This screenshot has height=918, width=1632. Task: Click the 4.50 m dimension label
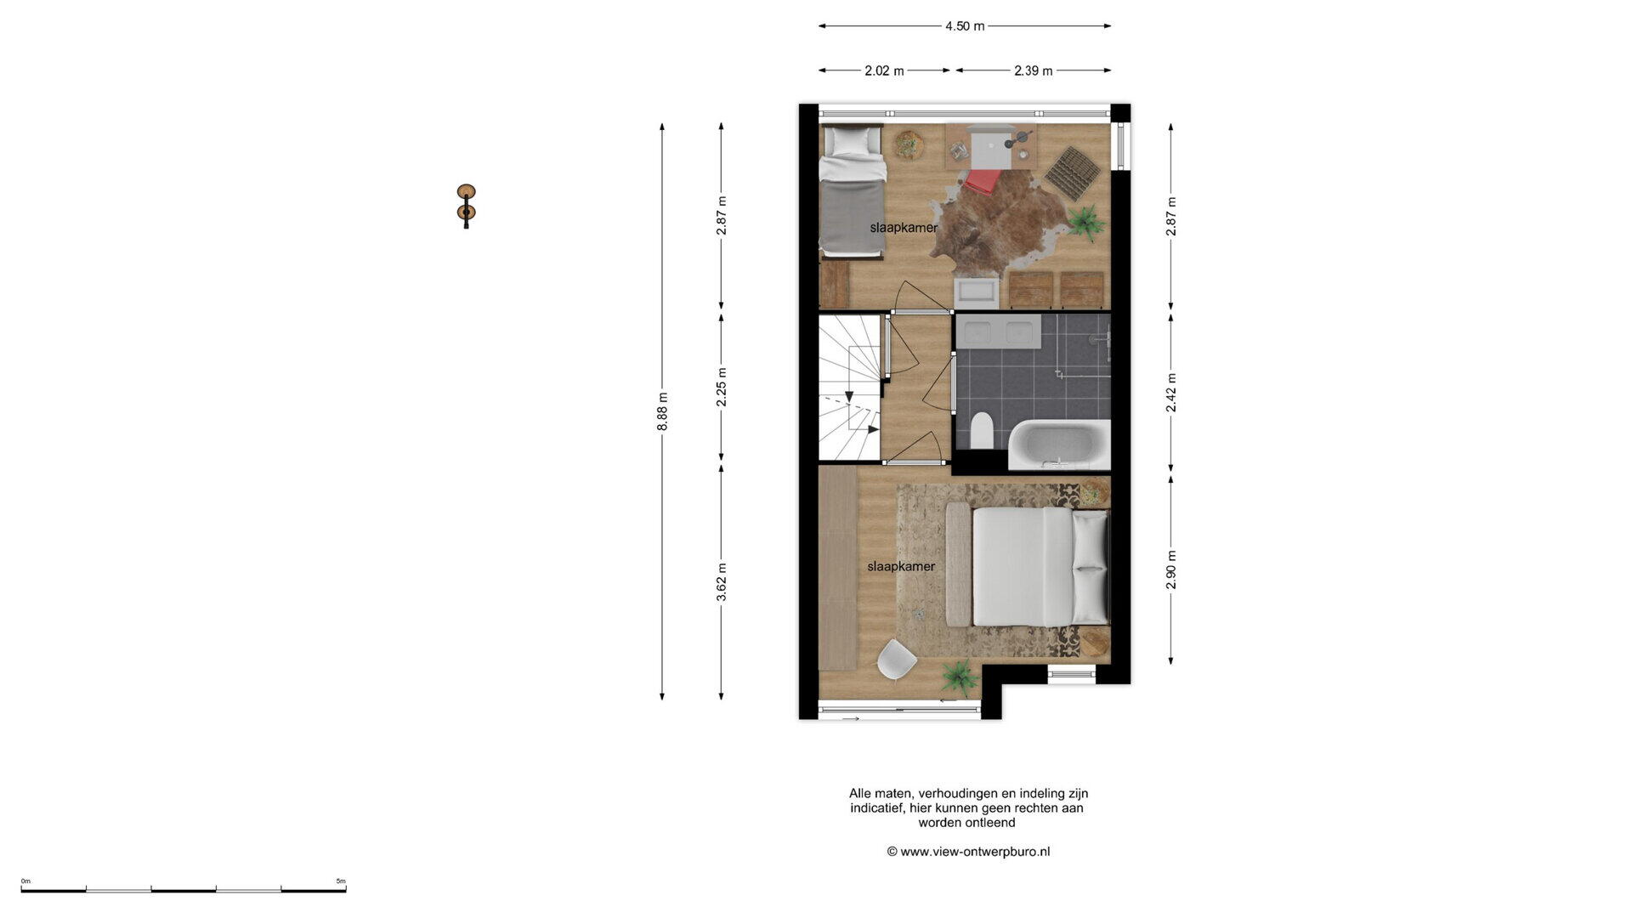965,26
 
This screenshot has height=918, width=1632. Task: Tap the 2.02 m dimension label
884,71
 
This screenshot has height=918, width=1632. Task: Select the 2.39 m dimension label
1033,71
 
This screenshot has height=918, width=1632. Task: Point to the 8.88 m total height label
662,411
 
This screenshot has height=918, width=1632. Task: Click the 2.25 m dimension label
722,387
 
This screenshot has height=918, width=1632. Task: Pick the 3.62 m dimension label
722,582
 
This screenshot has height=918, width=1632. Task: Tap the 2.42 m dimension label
1170,393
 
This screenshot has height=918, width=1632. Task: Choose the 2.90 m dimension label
1170,569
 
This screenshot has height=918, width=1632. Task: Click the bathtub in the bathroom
1059,444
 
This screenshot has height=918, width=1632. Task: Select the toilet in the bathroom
981,430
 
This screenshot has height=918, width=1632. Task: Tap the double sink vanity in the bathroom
998,331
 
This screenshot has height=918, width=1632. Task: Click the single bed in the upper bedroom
852,191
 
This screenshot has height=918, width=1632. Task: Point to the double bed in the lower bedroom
1028,566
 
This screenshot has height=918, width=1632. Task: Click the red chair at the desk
982,181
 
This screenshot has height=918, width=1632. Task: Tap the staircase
850,388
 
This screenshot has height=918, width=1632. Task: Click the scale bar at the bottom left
184,889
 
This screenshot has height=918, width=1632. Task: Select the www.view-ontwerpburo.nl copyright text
968,852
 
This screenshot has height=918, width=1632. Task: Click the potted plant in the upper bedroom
1085,224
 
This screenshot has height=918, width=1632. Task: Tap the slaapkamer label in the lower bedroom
901,567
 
